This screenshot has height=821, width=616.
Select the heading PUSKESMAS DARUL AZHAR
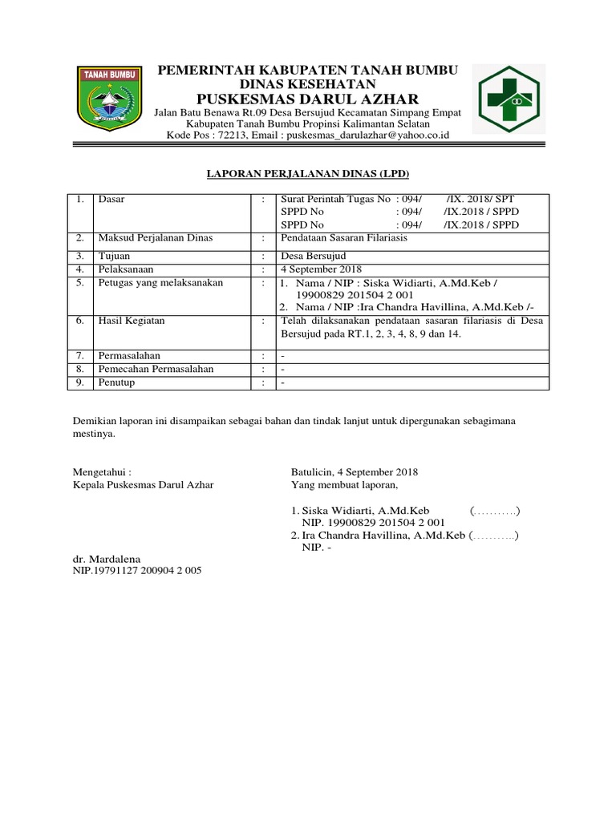[307, 99]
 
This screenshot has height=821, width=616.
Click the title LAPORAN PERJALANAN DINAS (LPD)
[306, 174]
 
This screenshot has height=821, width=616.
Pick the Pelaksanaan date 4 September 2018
[321, 269]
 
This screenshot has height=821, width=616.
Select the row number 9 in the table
[79, 382]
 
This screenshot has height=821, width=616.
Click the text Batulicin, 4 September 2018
[354, 472]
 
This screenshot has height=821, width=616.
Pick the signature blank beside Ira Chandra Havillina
[494, 536]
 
